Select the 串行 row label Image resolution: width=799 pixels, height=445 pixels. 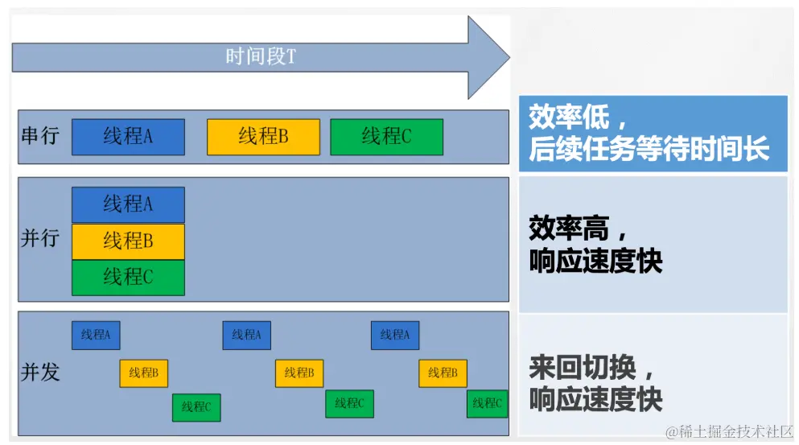[40, 136]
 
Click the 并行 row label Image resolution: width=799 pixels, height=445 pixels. [40, 240]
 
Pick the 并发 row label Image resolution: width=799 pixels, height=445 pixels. [40, 373]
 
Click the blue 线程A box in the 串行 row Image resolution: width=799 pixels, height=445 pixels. [128, 137]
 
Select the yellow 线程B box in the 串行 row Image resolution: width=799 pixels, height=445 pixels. [263, 137]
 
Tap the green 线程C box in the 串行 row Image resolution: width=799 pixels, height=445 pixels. [386, 137]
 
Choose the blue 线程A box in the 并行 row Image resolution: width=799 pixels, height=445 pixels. [128, 204]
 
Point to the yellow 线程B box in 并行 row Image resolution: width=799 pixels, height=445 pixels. [128, 241]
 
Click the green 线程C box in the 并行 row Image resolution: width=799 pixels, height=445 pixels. [128, 277]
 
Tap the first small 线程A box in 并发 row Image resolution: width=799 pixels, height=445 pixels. [96, 335]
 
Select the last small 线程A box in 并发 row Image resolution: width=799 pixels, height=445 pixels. [394, 335]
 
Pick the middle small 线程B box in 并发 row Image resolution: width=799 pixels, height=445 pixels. [299, 373]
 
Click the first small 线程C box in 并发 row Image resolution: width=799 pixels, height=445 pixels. [196, 407]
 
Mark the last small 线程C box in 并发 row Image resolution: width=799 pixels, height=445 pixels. [488, 403]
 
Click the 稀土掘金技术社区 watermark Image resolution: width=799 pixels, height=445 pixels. [728, 433]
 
